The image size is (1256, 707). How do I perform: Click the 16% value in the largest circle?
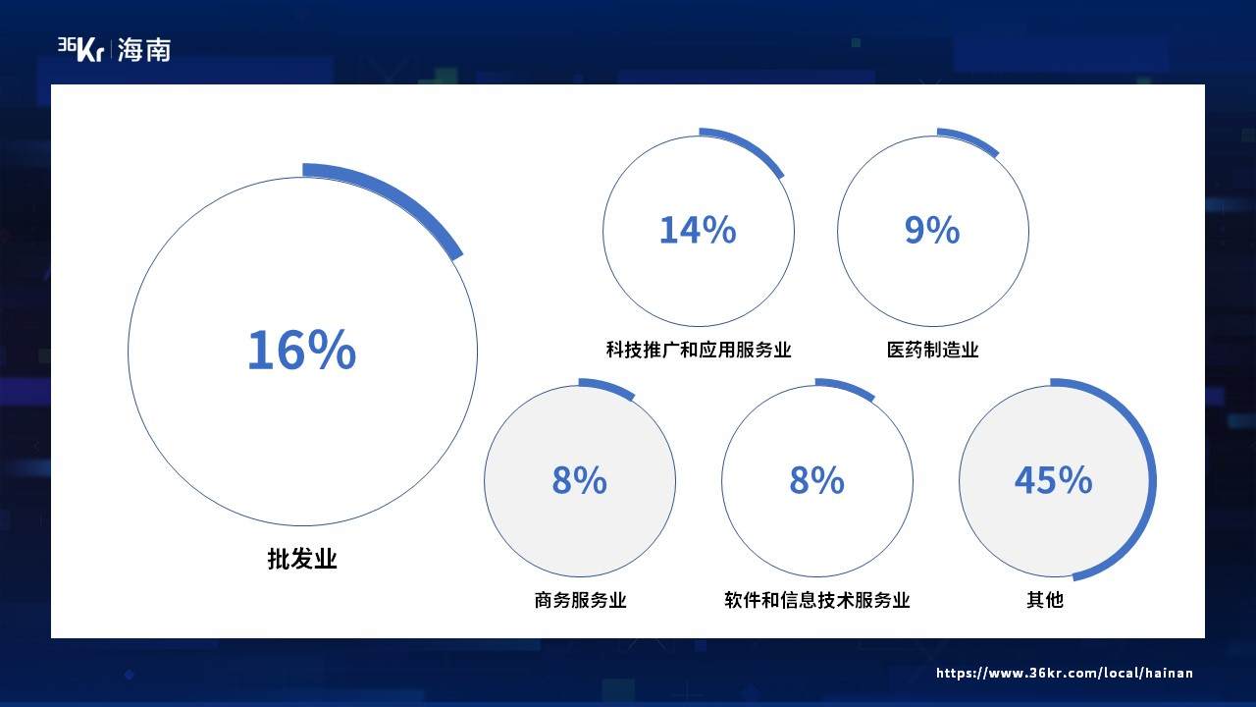coord(301,351)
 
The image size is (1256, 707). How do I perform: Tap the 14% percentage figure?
coord(698,230)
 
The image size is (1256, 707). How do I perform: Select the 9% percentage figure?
coord(932,230)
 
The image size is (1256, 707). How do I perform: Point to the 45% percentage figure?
coord(1054,480)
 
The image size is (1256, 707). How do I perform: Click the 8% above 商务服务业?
coord(579,480)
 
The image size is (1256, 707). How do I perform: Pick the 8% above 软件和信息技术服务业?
coord(817,480)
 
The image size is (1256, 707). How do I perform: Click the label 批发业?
coord(302,559)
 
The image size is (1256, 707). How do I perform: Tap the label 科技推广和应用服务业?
coord(699,350)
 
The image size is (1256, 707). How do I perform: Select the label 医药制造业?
coord(932,350)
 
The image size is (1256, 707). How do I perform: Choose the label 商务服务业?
coord(580,600)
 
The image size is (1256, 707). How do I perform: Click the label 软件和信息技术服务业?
coord(817,600)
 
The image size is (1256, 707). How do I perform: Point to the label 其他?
coord(1045,600)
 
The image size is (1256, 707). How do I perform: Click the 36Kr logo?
coord(80,49)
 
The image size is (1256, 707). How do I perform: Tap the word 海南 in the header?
coord(144,50)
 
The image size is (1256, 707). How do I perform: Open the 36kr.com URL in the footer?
coord(1065,673)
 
